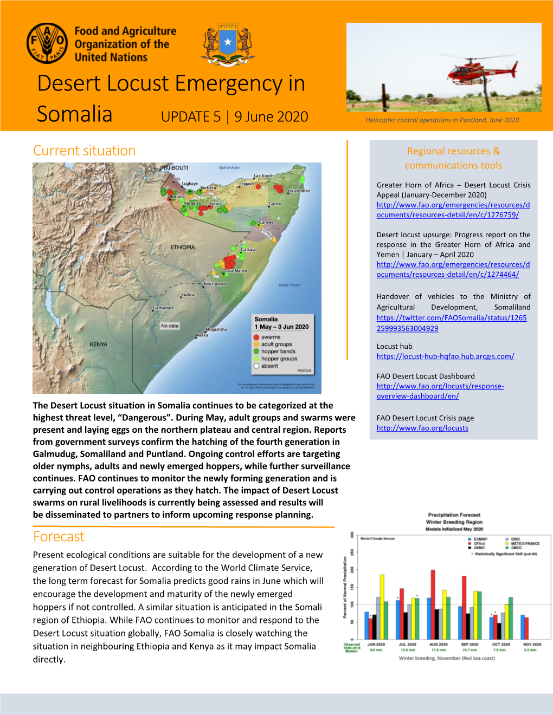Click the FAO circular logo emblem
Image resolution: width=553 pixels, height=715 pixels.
(47, 43)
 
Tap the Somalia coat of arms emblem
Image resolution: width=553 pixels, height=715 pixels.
(228, 44)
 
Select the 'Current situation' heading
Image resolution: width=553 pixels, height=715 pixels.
(84, 151)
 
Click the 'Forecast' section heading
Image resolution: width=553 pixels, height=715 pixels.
(59, 536)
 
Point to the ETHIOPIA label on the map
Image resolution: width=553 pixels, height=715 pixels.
(183, 247)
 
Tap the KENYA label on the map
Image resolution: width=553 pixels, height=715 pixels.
(98, 344)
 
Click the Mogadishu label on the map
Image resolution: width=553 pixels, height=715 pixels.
(216, 329)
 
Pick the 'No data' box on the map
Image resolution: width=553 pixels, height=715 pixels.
(170, 326)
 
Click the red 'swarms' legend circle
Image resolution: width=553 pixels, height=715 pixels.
(256, 337)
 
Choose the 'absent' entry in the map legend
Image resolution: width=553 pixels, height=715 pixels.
(269, 366)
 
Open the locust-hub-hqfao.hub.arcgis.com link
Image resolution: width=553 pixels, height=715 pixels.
(445, 356)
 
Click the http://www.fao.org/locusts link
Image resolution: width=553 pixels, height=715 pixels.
(422, 428)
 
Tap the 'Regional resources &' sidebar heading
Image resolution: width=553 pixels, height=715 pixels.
(453, 151)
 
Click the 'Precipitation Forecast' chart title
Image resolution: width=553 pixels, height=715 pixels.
(454, 515)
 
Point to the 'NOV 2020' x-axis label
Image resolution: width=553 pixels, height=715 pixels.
(532, 645)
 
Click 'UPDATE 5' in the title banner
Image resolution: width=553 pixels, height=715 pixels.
(191, 117)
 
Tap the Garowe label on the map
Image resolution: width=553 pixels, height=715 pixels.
(266, 222)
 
